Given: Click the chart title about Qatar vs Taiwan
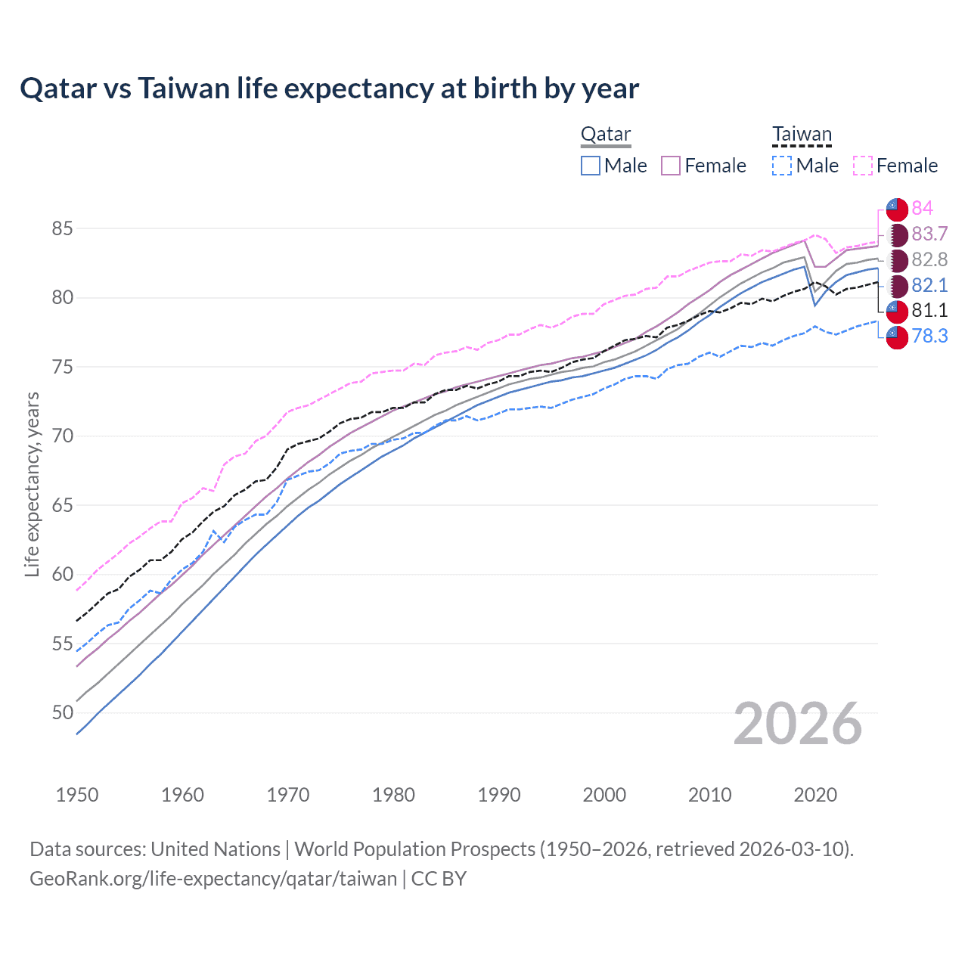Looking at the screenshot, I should pos(329,88).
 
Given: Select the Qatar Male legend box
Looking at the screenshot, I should pos(591,166).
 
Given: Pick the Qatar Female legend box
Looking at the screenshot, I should pos(671,166).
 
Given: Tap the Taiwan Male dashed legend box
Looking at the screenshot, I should pos(782,166).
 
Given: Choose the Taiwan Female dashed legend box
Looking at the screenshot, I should pos(863,166).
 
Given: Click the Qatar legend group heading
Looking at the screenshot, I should pos(605,135).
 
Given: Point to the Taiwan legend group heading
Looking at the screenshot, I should pos(802,135).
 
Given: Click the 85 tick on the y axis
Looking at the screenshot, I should pos(63,228).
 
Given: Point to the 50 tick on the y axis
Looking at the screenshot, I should pos(63,713).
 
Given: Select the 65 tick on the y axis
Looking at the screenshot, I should pos(63,505).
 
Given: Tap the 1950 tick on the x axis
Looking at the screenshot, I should pos(77,795).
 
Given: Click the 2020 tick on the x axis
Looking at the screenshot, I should pos(815,795).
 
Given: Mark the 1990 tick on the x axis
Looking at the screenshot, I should pos(499,795).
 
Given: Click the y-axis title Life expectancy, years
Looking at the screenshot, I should pos(32,484).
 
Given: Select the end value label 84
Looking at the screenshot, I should pos(922,208).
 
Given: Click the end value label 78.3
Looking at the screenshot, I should pos(929,336).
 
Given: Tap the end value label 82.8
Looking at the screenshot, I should pos(929,259).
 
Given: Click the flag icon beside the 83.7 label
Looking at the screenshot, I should pos(897,234).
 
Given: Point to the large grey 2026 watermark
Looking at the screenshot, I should pos(797,724).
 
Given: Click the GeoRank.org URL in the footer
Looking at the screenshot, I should pos(213,879).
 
